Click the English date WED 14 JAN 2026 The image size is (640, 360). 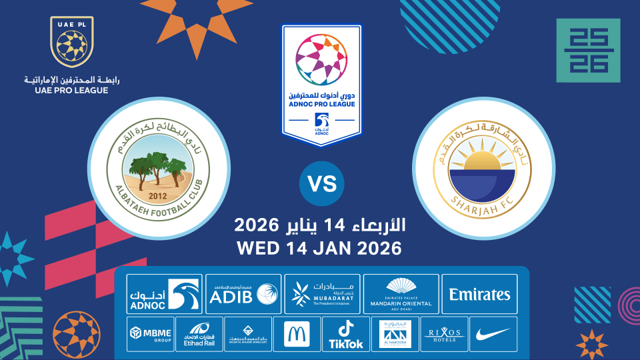(320, 249)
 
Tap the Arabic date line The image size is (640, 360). (320, 224)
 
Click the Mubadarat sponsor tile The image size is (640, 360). (323, 293)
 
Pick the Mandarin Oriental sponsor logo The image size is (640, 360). (401, 293)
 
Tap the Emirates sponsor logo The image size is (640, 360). (479, 293)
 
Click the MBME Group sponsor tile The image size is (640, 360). (150, 333)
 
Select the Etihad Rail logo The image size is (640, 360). (199, 333)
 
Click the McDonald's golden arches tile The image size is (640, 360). (296, 333)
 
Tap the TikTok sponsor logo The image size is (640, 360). (345, 333)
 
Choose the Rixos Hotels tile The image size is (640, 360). (444, 333)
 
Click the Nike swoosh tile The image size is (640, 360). (493, 333)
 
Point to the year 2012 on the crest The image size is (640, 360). (159, 196)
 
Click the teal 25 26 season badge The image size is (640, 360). (588, 51)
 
